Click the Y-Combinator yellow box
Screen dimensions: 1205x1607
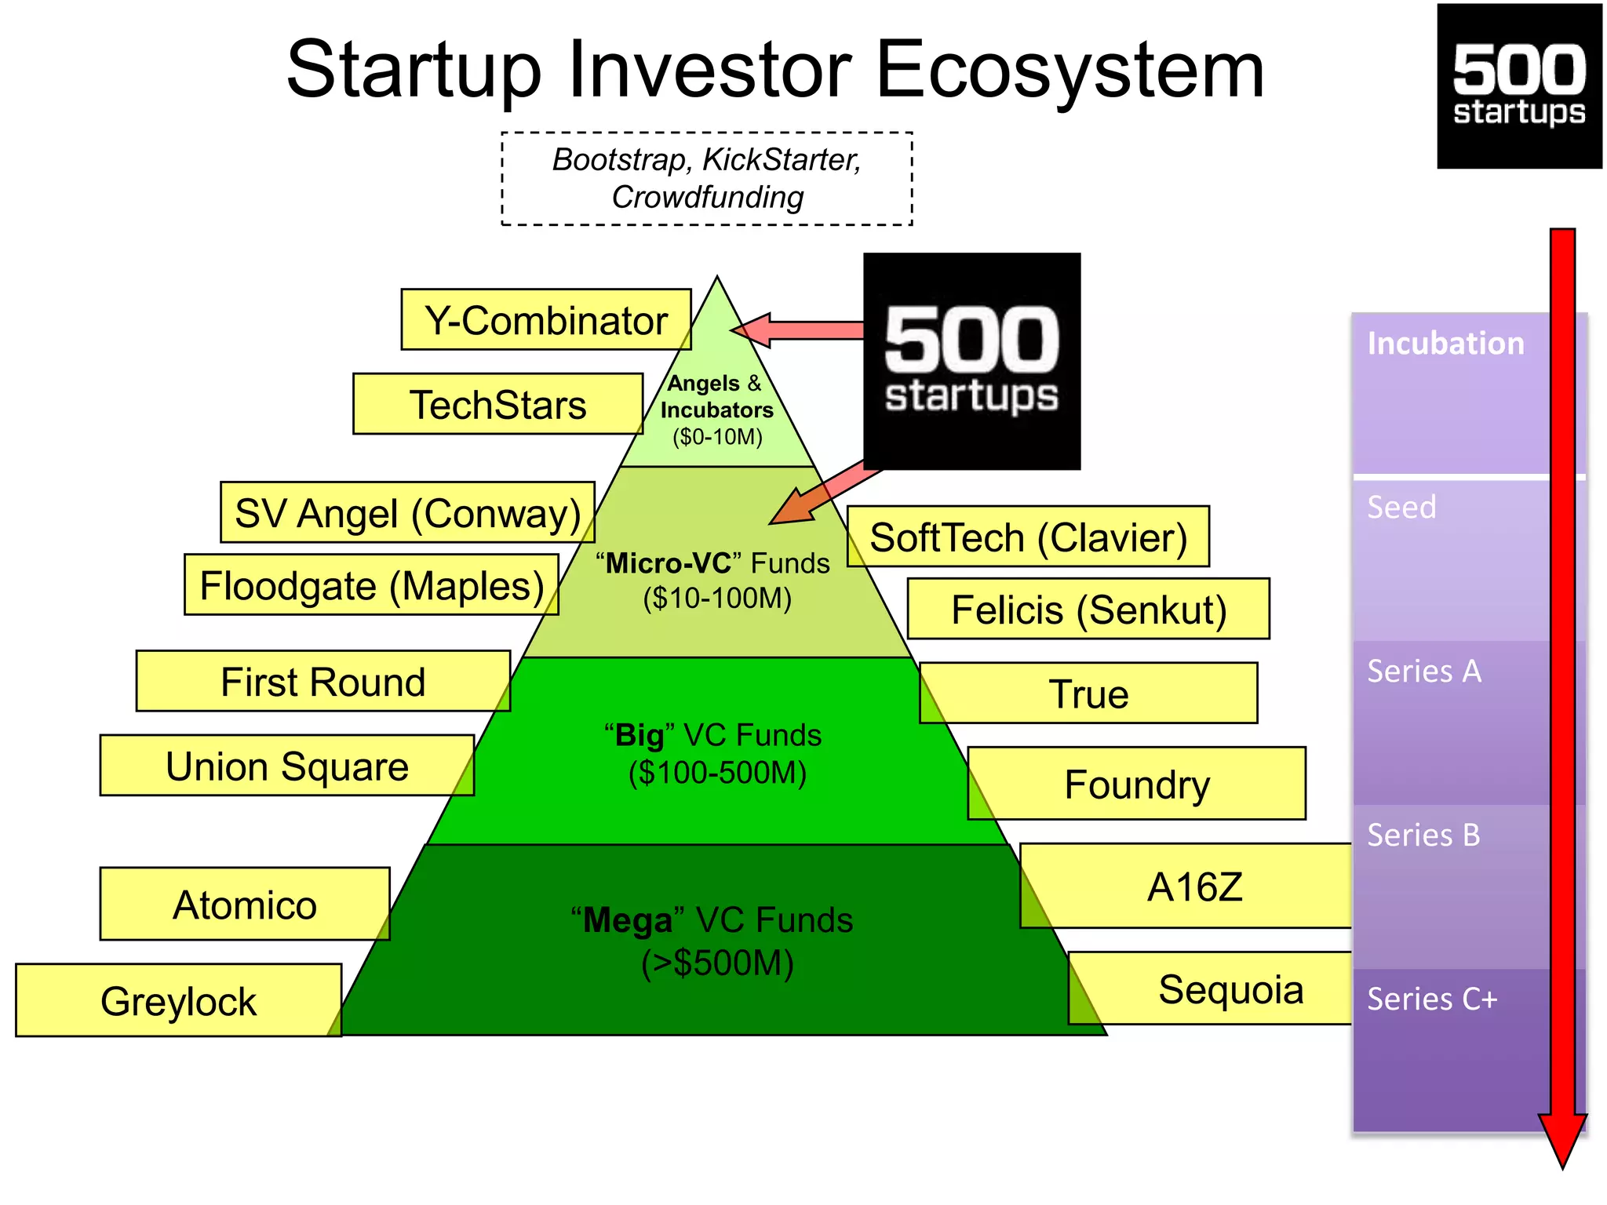(x=545, y=319)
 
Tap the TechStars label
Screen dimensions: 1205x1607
(x=497, y=404)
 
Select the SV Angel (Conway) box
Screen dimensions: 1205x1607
(x=407, y=512)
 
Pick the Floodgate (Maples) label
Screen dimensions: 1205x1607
(x=371, y=585)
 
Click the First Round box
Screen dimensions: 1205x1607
(x=322, y=681)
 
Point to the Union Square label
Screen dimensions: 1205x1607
(x=286, y=766)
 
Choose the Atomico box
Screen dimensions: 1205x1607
(x=245, y=904)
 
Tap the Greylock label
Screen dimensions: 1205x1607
(x=178, y=1000)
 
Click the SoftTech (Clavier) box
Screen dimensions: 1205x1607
(x=1028, y=537)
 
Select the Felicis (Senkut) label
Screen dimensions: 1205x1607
(x=1088, y=610)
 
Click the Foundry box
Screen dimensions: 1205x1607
(x=1137, y=784)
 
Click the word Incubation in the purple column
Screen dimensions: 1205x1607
(x=1445, y=344)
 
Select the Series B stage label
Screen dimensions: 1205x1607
(x=1423, y=835)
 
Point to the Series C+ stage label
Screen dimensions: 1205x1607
(x=1432, y=999)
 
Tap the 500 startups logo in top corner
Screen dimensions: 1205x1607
(x=1519, y=86)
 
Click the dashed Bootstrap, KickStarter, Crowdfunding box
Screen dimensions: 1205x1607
(x=706, y=179)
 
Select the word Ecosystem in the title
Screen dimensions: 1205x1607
(x=1069, y=71)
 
